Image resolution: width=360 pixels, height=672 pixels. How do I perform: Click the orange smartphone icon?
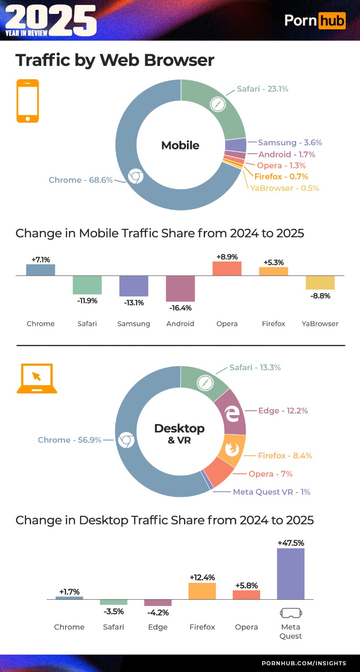[x=28, y=101]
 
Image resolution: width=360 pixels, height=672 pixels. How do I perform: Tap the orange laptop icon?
[x=37, y=378]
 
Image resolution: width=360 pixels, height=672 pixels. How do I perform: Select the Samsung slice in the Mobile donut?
[x=235, y=145]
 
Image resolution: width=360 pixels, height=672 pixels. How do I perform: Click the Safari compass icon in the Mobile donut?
[x=218, y=104]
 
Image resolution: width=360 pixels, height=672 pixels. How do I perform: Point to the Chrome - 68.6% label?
[x=80, y=180]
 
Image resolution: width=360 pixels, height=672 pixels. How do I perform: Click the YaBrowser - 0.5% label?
[x=284, y=188]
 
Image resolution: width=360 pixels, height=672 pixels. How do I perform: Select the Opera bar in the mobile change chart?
[x=227, y=268]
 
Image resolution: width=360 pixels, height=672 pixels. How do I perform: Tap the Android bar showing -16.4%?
[x=180, y=289]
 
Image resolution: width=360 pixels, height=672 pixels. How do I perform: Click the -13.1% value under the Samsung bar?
[x=134, y=302]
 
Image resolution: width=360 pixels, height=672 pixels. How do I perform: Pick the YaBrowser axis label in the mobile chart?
[x=320, y=323]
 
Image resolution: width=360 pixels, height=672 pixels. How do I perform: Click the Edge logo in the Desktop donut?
[x=232, y=414]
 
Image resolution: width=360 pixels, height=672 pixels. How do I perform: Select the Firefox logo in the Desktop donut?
[x=231, y=449]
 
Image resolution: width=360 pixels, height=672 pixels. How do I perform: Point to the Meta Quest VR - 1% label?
[x=271, y=492]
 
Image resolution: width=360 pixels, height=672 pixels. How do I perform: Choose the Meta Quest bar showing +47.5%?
[x=290, y=574]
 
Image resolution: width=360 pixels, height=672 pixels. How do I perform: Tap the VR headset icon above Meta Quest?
[x=291, y=613]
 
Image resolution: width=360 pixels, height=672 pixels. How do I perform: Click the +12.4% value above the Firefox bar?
[x=202, y=577]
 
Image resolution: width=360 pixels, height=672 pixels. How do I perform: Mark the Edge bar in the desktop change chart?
[x=158, y=603]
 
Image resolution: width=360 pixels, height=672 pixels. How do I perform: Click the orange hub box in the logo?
[x=331, y=21]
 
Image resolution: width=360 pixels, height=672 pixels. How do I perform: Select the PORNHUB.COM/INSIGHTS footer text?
[x=304, y=663]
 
